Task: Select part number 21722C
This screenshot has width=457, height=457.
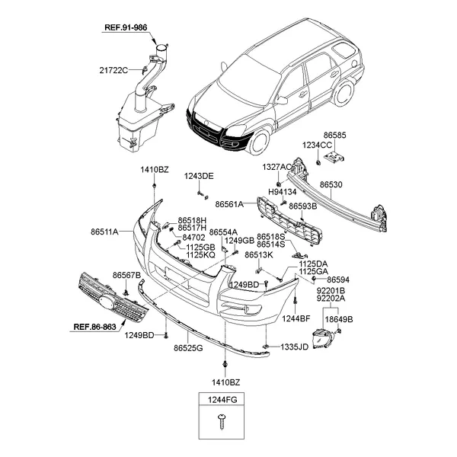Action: pos(113,71)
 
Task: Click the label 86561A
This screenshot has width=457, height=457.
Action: pos(229,204)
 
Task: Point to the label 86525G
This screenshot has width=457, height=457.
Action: pos(187,348)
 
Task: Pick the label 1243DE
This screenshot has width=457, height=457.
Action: pos(199,176)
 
